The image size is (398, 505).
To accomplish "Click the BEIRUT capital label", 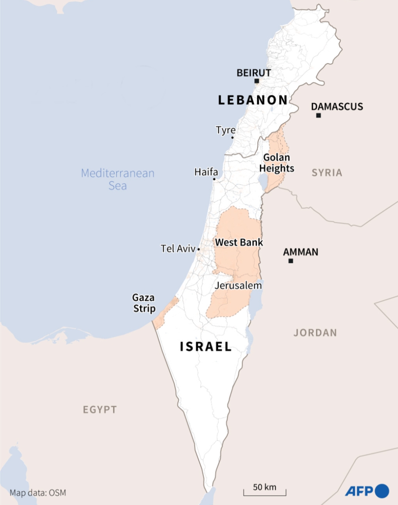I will click(254, 73).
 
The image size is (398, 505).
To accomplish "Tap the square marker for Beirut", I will click(257, 81).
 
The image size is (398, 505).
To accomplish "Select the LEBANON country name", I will click(253, 100).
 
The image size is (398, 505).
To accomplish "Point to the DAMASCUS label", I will click(337, 107).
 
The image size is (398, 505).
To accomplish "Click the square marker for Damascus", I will click(318, 115).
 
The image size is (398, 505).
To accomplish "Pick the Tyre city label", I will click(226, 130).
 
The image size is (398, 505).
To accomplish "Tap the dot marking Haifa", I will click(214, 179).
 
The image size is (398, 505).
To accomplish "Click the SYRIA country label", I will click(327, 173).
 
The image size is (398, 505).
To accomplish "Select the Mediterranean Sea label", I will click(118, 179).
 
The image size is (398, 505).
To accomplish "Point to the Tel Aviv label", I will click(178, 249).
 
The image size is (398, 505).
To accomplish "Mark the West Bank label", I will click(239, 242).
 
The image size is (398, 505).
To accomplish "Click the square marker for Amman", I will click(290, 261).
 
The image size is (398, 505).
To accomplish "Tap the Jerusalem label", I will click(238, 285).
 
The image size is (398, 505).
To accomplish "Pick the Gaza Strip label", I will click(144, 303).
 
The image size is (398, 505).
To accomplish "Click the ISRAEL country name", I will click(206, 347).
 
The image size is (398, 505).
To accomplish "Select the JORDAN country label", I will click(315, 333).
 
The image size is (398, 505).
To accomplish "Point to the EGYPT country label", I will click(100, 410).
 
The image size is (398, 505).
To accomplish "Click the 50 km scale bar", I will click(265, 492).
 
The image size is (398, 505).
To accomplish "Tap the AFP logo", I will click(367, 491).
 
